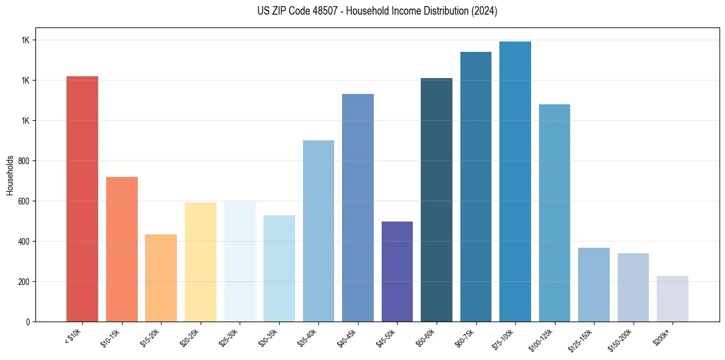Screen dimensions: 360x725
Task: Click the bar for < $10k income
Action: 82,199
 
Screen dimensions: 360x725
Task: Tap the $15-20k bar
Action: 161,278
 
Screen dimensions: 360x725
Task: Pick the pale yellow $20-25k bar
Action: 201,262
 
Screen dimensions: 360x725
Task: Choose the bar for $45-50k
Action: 397,272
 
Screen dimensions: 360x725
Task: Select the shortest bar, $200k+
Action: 673,298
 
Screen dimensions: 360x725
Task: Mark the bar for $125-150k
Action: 594,284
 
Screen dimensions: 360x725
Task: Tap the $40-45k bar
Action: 358,207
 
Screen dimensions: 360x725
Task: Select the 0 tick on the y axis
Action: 28,322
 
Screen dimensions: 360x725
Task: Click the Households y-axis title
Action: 10,175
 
